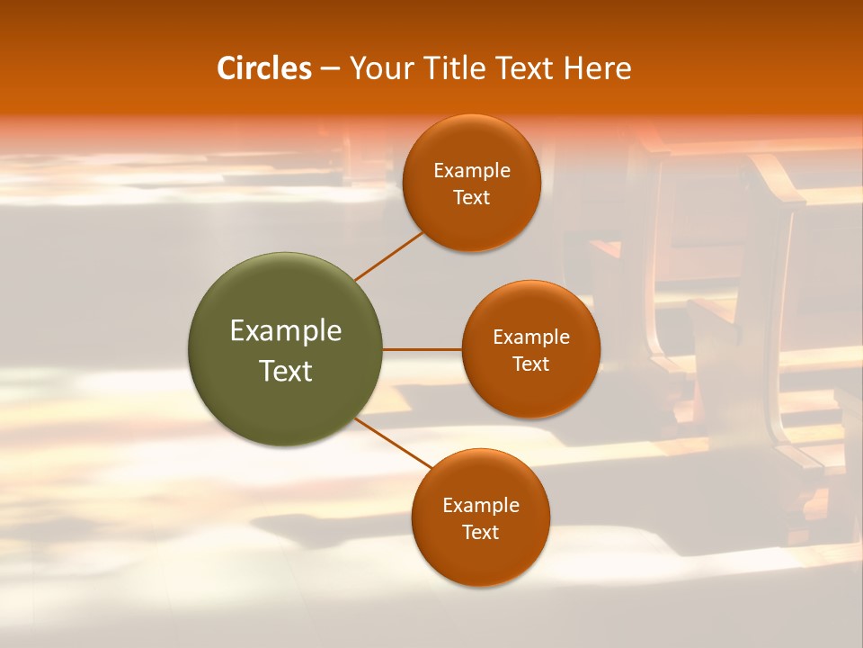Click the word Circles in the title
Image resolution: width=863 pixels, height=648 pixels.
[263, 68]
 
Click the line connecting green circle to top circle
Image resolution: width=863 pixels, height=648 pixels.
[388, 256]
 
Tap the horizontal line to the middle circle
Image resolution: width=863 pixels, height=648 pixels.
[423, 349]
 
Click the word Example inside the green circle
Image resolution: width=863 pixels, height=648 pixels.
[286, 331]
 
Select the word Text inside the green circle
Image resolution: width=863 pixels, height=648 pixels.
[286, 371]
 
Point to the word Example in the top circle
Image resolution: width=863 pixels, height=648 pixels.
[472, 171]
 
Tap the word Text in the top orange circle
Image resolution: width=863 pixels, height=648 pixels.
[472, 198]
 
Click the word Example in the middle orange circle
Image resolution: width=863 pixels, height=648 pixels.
[531, 337]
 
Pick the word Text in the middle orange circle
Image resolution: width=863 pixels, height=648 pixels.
[531, 364]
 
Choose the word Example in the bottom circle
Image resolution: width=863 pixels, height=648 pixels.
[481, 506]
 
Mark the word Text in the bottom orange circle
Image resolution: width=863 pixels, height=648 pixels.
[481, 533]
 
